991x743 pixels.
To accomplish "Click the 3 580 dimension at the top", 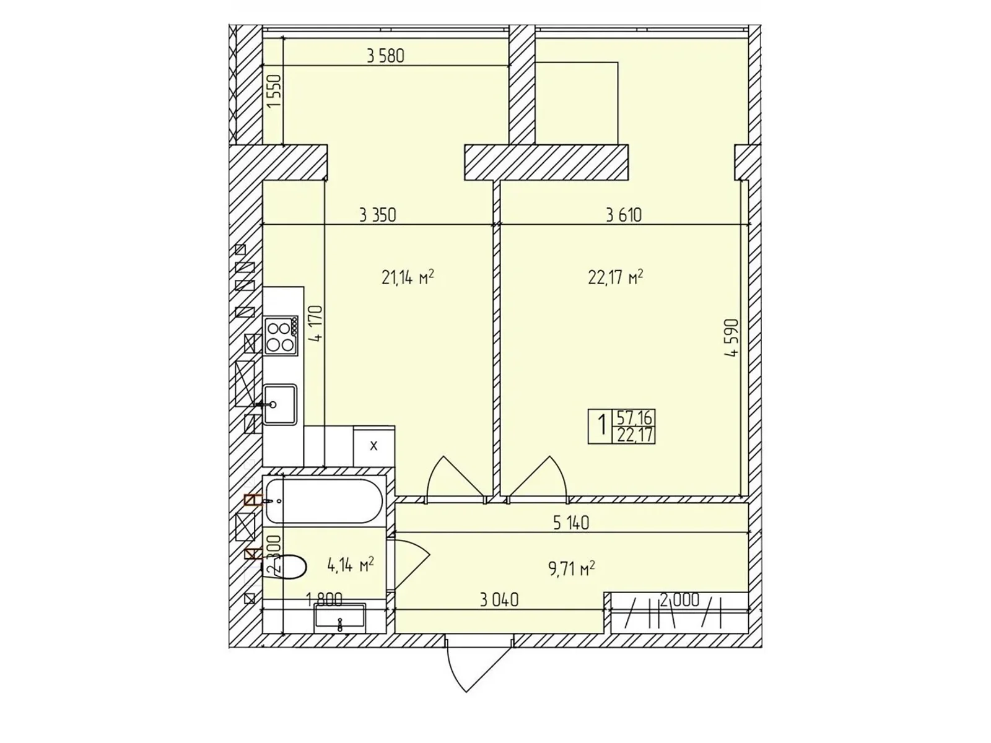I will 385,56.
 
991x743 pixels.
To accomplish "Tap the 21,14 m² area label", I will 407,277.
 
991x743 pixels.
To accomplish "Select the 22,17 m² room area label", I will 615,277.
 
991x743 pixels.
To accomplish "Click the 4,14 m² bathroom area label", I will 350,564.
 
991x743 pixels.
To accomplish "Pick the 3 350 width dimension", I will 377,215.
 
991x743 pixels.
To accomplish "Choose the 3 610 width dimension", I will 624,215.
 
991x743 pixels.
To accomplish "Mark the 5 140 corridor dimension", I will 570,523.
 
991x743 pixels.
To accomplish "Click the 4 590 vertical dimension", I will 733,338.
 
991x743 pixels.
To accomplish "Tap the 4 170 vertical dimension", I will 317,323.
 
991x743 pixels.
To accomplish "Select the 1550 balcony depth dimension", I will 274,92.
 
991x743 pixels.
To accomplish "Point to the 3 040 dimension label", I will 499,599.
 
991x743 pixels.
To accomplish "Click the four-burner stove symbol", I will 281,336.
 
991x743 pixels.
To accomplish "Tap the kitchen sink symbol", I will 280,404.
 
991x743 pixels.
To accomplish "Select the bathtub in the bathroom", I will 323,500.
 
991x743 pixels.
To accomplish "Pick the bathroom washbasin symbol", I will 340,617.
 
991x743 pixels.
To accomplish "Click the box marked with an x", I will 373,446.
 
